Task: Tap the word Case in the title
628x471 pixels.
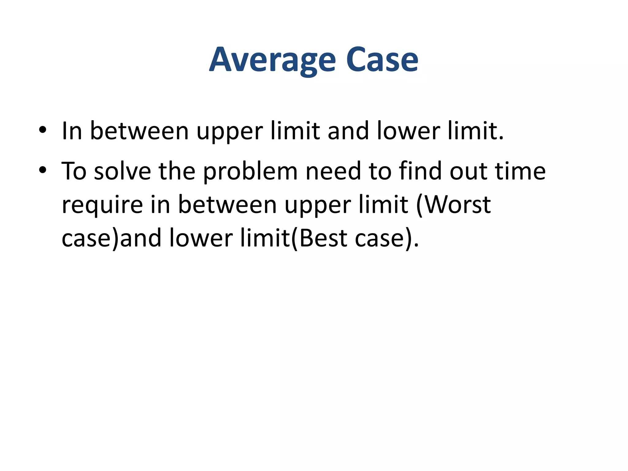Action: (x=382, y=60)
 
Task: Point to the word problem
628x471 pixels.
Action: (x=250, y=172)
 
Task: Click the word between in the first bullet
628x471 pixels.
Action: (x=139, y=131)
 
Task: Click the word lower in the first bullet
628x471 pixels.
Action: (x=408, y=131)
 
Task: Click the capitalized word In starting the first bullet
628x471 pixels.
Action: (x=72, y=131)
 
